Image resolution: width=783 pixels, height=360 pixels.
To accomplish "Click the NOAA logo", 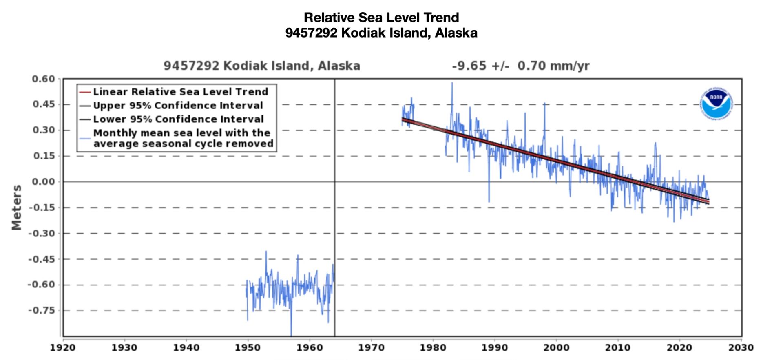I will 716,104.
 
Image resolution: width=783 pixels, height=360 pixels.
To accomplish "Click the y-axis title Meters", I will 17,208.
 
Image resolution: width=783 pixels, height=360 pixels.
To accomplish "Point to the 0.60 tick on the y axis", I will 43,79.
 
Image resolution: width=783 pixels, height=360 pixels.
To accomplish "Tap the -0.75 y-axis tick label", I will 41,311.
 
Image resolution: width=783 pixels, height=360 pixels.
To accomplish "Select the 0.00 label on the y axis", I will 43,182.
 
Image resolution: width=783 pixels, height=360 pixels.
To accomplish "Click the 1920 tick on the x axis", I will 63,348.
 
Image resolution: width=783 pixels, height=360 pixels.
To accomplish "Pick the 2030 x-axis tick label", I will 741,348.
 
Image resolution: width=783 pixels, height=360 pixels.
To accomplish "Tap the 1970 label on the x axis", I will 371,348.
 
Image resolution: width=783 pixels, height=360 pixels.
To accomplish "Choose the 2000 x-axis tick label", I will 556,348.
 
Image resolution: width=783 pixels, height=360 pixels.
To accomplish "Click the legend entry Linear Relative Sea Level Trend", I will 180,92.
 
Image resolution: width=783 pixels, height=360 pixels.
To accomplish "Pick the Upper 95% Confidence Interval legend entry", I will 178,106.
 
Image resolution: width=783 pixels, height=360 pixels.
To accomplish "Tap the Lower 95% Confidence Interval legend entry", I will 178,119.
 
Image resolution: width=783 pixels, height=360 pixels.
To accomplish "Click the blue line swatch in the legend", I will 85,138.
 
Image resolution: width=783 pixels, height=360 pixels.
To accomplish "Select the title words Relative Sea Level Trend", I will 381,18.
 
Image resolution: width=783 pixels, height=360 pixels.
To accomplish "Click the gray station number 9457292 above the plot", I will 191,66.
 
